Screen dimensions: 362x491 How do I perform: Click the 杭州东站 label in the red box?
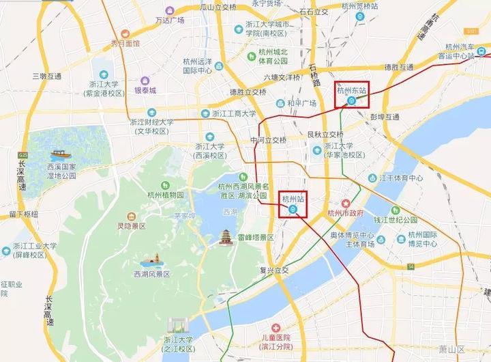[352, 89]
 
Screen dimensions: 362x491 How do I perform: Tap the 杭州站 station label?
[293, 198]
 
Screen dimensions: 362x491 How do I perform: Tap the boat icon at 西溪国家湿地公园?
[57, 154]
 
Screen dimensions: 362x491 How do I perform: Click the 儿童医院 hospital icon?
[276, 328]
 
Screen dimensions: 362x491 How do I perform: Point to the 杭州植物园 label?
[165, 195]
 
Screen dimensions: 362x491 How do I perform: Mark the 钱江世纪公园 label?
[406, 220]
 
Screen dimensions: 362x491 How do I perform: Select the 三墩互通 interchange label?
[42, 76]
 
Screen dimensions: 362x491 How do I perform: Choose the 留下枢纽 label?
[25, 214]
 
